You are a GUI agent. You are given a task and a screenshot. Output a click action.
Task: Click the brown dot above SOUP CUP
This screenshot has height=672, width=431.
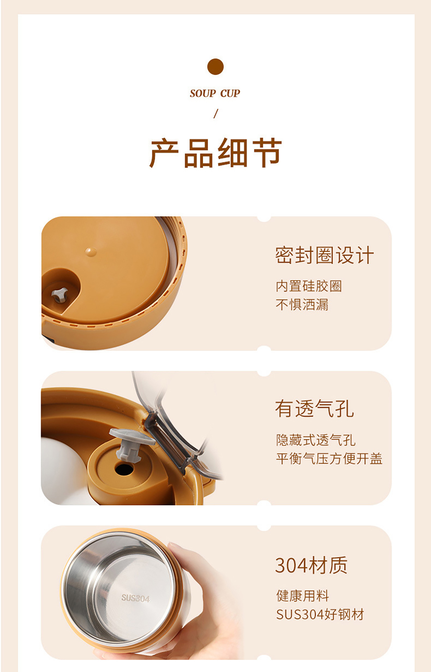(215, 67)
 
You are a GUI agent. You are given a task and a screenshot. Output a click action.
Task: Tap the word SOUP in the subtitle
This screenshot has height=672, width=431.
(203, 93)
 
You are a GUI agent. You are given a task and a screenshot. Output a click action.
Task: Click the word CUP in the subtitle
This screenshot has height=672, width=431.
(230, 93)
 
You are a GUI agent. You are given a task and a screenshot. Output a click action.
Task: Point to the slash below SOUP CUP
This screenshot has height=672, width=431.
(215, 114)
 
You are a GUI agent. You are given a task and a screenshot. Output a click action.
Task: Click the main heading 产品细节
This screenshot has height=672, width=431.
(215, 153)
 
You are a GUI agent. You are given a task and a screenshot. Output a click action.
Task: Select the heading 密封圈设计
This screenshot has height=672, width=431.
(325, 255)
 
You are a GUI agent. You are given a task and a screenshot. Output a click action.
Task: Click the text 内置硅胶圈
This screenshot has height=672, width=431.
(309, 286)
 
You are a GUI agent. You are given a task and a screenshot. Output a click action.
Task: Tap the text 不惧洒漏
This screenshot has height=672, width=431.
(302, 305)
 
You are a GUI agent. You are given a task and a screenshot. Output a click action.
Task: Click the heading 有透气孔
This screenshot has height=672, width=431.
(315, 409)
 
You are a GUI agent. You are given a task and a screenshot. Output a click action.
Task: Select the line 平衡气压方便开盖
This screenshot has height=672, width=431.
(329, 459)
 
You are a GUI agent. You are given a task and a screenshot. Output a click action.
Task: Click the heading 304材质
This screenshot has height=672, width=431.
(311, 565)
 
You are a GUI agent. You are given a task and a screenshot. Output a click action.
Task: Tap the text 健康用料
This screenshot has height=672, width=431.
(302, 596)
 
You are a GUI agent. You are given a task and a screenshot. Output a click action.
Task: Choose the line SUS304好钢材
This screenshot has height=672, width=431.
(320, 614)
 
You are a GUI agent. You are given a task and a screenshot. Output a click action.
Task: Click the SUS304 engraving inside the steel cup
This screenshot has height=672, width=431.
(135, 598)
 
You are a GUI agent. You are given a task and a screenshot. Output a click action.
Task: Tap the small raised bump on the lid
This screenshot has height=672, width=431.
(91, 251)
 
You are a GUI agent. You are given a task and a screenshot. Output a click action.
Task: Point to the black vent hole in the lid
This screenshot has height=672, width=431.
(124, 469)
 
